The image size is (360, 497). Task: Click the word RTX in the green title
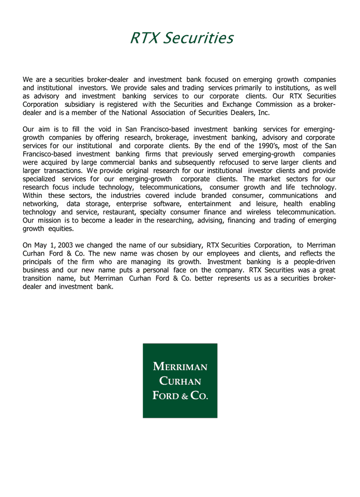point(144,38)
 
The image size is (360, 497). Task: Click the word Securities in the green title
point(198,38)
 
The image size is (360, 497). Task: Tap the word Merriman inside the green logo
point(180,367)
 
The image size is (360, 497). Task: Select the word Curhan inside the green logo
point(180,382)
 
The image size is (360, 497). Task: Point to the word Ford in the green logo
point(164,396)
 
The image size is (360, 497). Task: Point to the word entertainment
point(209,203)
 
